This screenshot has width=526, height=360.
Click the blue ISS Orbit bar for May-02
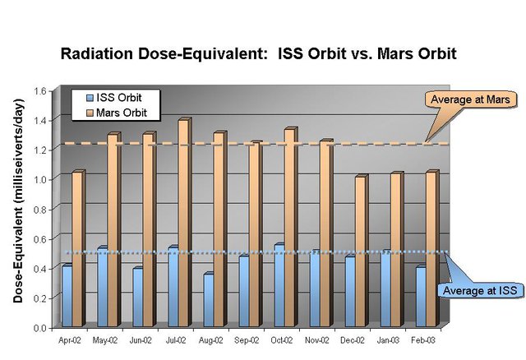(103, 287)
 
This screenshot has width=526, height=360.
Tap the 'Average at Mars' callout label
(470, 99)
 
